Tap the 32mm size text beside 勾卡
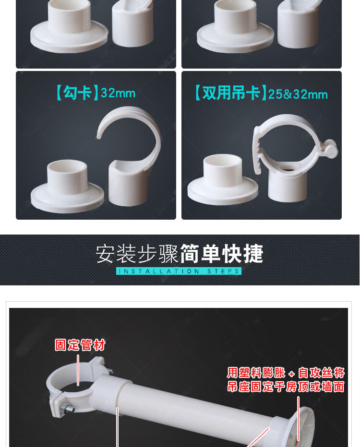pos(118,93)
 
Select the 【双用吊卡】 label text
pos(230,93)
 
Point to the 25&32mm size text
pos(298,94)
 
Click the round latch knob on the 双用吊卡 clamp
pos(332,149)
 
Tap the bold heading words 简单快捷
pos(221,253)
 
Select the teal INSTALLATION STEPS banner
pos(179,271)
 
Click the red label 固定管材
pos(80,345)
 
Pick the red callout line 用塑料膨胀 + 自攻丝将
pos(286,373)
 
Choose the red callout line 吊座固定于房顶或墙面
pos(286,387)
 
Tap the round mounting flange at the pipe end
pos(303,425)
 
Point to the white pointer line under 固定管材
pos(78,370)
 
